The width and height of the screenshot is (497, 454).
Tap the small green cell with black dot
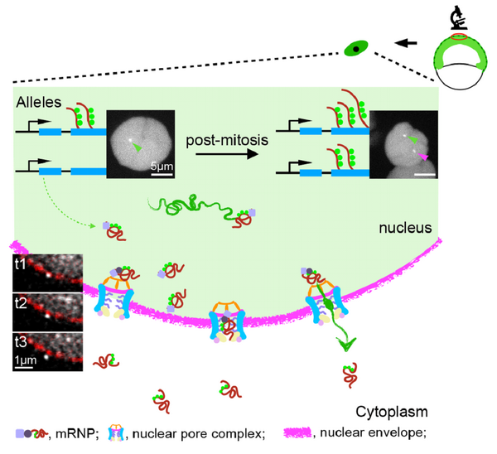356,50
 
